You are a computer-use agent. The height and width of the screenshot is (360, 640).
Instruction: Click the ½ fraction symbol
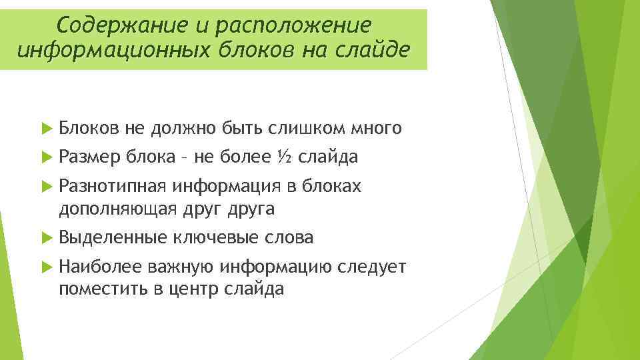coord(284,157)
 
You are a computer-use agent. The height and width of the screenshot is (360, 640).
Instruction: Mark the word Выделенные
coord(113,237)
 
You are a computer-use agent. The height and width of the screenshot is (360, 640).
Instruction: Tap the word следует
coord(371,267)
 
